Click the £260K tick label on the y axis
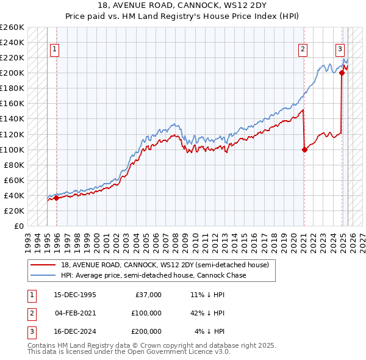(12, 27)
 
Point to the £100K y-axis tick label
(12, 149)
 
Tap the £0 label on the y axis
(19, 226)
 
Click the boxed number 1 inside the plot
(55, 50)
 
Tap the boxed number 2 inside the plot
(303, 50)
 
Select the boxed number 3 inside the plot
(340, 50)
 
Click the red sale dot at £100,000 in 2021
(304, 149)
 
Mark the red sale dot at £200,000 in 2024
(342, 73)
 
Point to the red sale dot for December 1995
(56, 197)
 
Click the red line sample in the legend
(43, 264)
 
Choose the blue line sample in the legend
(43, 275)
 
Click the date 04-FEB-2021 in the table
(75, 313)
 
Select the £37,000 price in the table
(146, 295)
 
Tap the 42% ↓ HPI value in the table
(207, 313)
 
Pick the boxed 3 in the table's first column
(30, 332)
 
